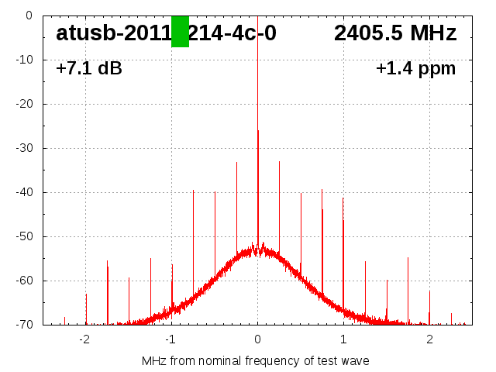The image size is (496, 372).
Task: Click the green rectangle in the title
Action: click(180, 32)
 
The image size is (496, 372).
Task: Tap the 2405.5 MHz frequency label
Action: click(395, 33)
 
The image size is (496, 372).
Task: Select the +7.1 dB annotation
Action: click(89, 69)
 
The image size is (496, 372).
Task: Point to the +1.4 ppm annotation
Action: click(415, 69)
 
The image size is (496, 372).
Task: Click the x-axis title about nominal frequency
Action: click(256, 361)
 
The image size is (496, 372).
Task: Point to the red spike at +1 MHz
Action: click(343, 248)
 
